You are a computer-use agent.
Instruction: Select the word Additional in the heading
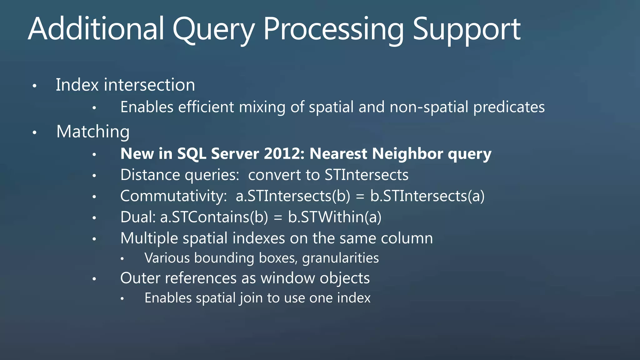(x=96, y=29)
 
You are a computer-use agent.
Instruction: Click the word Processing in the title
(x=333, y=29)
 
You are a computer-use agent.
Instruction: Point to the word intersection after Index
(x=149, y=85)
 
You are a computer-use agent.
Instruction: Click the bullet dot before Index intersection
(x=35, y=86)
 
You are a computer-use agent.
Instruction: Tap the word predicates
(x=509, y=107)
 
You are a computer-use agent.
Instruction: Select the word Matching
(x=93, y=132)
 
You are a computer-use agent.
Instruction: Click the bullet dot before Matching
(x=35, y=132)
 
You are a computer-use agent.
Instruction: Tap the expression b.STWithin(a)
(x=334, y=217)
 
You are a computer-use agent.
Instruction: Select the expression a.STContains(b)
(x=214, y=217)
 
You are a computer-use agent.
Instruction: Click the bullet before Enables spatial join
(x=122, y=298)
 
